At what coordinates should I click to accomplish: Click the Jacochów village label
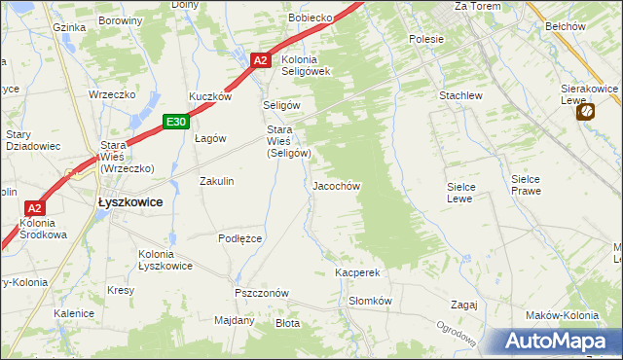tap(337, 185)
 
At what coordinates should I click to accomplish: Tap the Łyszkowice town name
tap(129, 202)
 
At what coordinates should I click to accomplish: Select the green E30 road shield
tap(175, 122)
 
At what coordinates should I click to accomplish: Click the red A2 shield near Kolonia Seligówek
tap(260, 60)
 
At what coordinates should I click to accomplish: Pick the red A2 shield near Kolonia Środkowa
tap(34, 208)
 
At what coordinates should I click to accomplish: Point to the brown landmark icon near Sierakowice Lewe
tap(586, 113)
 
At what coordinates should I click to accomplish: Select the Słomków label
tap(370, 302)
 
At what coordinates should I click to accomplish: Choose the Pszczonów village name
tap(261, 293)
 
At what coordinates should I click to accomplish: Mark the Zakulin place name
tap(217, 181)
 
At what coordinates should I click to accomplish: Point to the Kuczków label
tap(210, 96)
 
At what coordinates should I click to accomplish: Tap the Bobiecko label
tap(311, 18)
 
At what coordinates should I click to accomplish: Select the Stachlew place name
tap(460, 96)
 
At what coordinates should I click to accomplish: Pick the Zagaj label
tap(463, 305)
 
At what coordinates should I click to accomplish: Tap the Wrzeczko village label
tap(110, 94)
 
